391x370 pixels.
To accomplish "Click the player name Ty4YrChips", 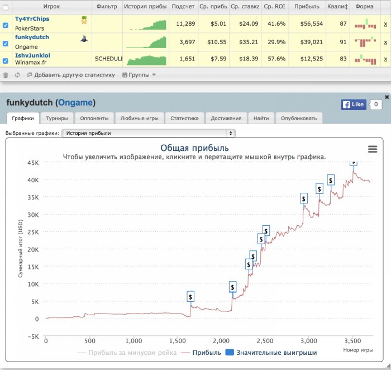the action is pos(32,19).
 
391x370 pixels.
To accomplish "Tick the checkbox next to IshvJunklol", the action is pos(5,60).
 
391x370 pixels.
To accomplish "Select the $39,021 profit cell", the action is pos(312,42).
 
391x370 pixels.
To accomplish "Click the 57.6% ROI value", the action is pos(276,59).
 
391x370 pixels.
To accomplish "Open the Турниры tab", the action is pos(57,118).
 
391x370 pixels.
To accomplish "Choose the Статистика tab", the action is pos(184,118).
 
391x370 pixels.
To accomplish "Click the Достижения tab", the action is pos(226,118).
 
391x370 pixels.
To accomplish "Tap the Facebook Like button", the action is pos(354,105).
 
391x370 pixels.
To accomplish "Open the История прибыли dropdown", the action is pos(149,133).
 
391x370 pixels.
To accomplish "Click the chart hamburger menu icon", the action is pos(373,149).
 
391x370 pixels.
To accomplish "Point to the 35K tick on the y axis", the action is pos(33,197).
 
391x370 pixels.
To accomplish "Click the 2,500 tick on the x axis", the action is pos(265,341).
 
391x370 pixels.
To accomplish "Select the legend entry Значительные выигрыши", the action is pos(271,353).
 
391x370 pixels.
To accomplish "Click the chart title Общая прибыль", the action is pos(194,148).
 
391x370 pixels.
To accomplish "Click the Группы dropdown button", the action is pos(139,75).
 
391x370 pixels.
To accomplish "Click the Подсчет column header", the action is pos(183,7).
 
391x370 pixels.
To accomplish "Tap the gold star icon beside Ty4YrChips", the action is pos(84,20).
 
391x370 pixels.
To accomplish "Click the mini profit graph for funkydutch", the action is pos(146,42).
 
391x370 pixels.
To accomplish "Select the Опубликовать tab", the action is pos(299,118).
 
